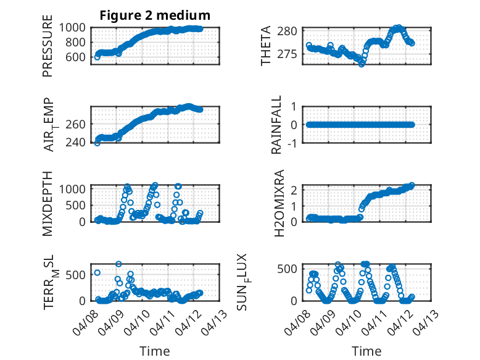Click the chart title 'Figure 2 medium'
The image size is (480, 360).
[155, 15]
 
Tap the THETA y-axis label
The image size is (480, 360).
[266, 46]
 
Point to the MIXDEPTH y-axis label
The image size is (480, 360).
[48, 203]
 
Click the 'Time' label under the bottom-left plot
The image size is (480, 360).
[155, 351]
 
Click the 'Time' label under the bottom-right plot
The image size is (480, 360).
[367, 351]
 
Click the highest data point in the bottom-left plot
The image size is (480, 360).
[118, 264]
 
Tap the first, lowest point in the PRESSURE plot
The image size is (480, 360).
[97, 57]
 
